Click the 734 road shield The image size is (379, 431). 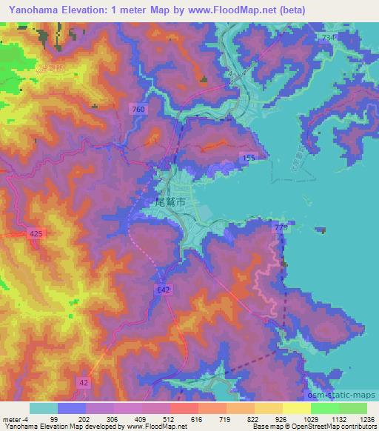[328, 36]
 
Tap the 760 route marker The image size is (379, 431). [138, 110]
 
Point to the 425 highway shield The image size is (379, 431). [36, 233]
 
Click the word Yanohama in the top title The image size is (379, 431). [29, 10]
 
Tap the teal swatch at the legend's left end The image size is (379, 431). [44, 408]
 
